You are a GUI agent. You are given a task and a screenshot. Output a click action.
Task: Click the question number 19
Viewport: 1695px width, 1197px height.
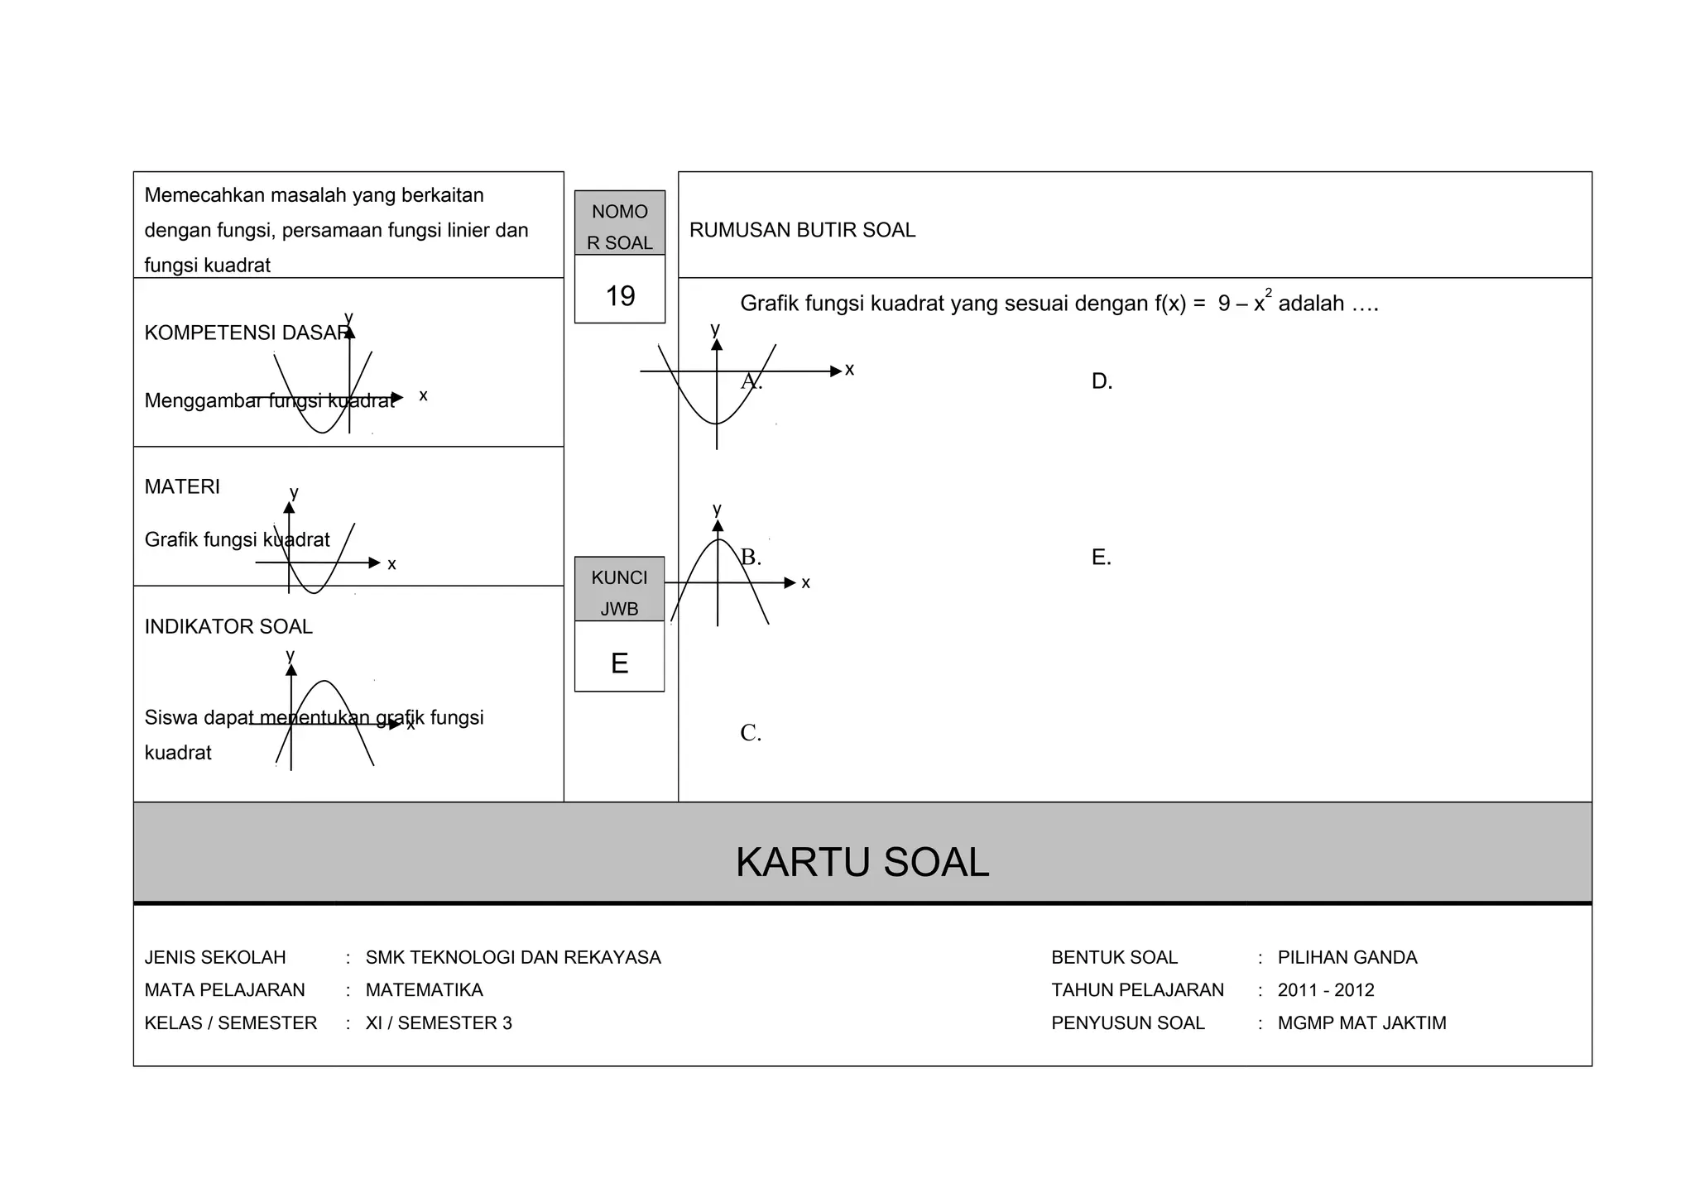pos(620,296)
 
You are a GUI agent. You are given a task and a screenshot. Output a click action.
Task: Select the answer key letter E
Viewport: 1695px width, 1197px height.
pos(619,663)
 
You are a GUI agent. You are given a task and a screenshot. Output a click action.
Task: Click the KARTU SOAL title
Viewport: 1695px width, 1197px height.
pos(862,862)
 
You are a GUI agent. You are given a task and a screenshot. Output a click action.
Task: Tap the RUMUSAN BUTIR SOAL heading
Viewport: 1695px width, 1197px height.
pos(802,230)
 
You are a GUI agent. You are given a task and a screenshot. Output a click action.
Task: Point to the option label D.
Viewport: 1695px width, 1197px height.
pos(1102,381)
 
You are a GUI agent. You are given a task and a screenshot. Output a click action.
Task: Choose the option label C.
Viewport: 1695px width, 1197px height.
pos(751,733)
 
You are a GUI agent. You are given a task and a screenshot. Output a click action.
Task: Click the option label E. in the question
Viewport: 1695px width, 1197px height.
pos(1101,558)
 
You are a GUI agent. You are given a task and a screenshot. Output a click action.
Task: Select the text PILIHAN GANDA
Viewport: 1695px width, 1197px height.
pos(1347,957)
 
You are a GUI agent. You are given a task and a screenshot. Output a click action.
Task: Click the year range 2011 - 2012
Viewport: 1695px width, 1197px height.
pos(1325,990)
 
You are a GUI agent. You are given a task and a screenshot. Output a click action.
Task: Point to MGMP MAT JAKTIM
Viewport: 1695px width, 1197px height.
pos(1361,1023)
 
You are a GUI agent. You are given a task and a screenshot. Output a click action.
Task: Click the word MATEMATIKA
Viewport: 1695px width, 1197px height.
pos(424,990)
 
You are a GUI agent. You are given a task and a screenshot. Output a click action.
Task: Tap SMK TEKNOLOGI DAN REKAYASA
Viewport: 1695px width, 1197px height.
pos(513,957)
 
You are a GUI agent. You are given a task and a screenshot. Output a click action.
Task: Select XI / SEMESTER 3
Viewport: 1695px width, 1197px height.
pos(439,1023)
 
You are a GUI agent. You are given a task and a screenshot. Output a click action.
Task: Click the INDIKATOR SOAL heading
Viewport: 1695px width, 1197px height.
pos(228,626)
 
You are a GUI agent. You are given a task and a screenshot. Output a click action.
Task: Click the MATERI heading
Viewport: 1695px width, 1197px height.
pos(182,486)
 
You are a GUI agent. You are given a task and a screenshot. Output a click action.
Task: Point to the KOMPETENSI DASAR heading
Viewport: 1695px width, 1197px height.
pos(245,333)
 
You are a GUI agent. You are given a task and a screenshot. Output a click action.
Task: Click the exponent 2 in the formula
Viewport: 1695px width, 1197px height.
pos(1268,293)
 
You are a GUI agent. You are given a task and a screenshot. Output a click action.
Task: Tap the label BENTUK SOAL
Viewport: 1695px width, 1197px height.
pos(1114,957)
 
